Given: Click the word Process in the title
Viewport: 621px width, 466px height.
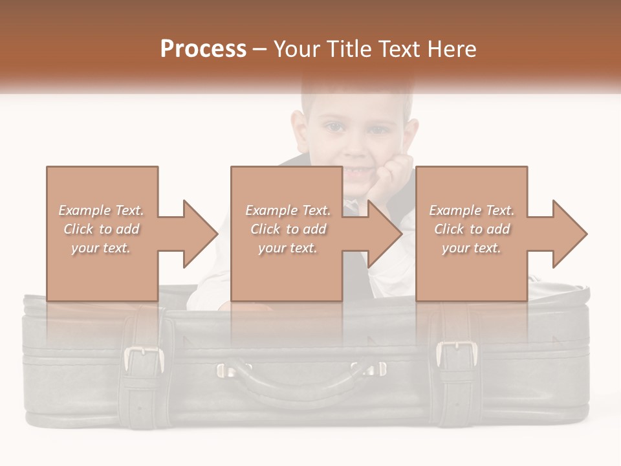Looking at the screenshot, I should click(203, 49).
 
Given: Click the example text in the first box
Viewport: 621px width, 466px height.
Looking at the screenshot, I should click(102, 229).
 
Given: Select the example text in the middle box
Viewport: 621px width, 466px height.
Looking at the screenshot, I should click(287, 229).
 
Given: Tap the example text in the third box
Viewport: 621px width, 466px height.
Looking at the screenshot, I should click(472, 229).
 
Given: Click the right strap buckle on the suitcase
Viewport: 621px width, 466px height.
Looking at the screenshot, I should click(457, 353).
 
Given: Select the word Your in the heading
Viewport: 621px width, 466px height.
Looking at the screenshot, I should click(298, 49).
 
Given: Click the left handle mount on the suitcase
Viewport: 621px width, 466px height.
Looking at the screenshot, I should click(226, 370).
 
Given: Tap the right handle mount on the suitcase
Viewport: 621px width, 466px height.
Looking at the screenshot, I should click(376, 369).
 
